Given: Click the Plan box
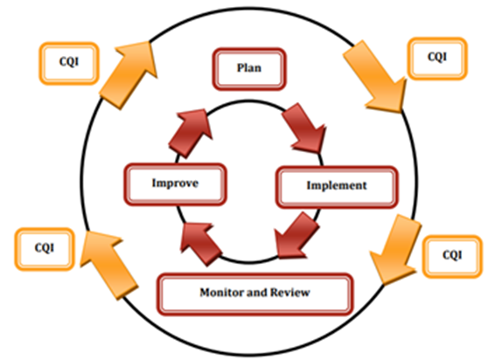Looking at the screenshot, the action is click(x=249, y=69).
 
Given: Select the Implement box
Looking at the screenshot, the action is click(x=337, y=187).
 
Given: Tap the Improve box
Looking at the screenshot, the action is click(x=175, y=184).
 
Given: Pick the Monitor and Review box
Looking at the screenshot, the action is click(x=254, y=294).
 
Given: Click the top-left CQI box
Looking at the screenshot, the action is click(x=69, y=63).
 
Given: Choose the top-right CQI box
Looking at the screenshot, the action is click(x=437, y=59).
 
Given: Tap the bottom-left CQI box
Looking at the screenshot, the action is click(x=45, y=249).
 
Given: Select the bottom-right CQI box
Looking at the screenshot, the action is click(x=452, y=257).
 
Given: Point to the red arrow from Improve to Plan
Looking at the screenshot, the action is click(x=191, y=133).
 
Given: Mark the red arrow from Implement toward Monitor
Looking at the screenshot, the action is click(x=296, y=236).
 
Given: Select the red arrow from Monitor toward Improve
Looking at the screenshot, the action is click(x=201, y=244).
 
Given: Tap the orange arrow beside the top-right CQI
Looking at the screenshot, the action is click(x=375, y=76).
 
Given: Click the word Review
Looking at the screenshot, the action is click(x=290, y=293).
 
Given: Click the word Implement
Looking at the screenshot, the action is click(x=337, y=185).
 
